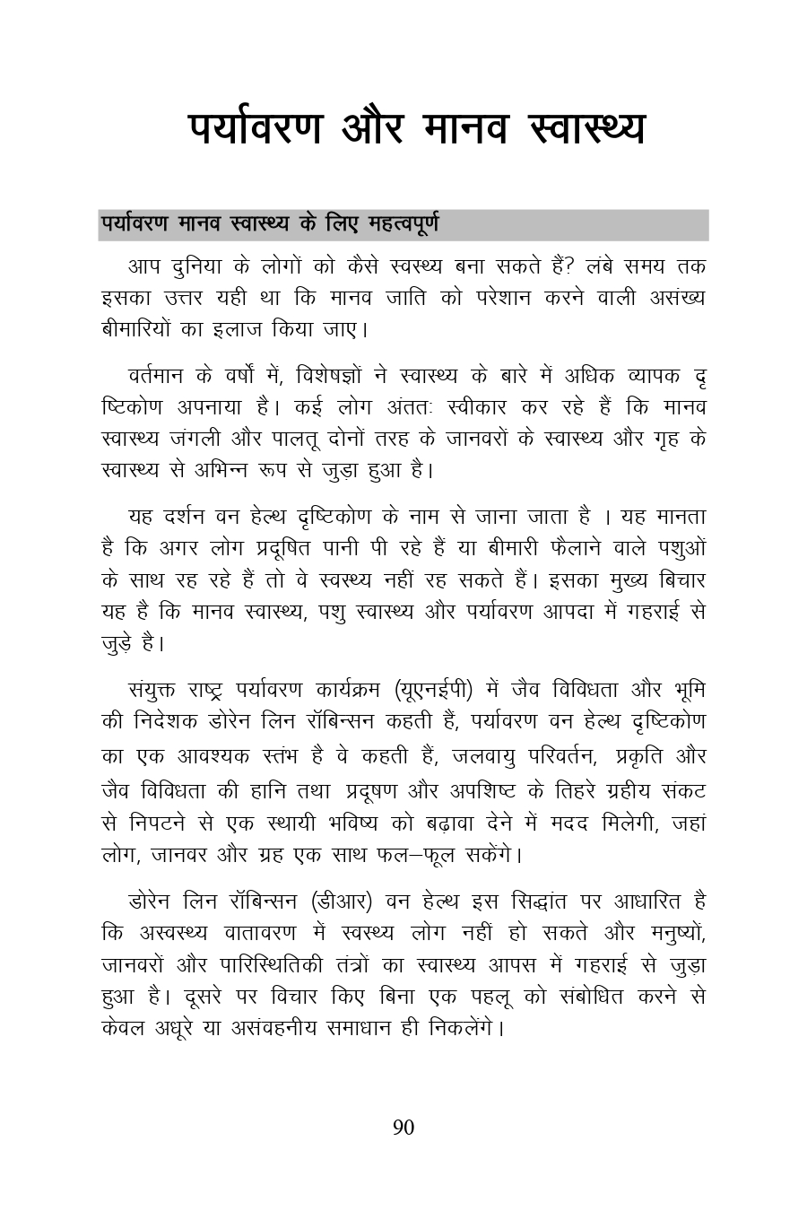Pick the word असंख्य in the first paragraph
pyautogui.click(x=677, y=298)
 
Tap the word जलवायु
pyautogui.click(x=495, y=756)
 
